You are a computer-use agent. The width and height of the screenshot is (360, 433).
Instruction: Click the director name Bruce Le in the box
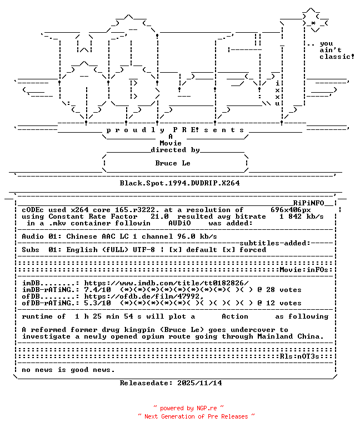(173, 163)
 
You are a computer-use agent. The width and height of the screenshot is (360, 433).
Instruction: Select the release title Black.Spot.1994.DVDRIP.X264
(179, 183)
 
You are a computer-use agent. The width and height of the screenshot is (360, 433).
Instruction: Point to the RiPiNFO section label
(308, 203)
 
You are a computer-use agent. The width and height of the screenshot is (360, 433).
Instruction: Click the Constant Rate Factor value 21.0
(159, 216)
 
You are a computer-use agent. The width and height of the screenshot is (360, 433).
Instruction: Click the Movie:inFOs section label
(304, 270)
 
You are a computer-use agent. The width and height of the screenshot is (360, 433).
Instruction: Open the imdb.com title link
(166, 283)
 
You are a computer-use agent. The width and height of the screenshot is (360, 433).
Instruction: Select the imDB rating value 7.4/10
(98, 290)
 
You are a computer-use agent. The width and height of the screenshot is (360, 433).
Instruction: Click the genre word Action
(235, 316)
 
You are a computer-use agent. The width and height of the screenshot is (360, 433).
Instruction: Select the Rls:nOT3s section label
(299, 356)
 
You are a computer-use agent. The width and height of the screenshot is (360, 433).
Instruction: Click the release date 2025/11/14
(199, 383)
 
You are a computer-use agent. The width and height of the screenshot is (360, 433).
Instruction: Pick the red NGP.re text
(206, 408)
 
